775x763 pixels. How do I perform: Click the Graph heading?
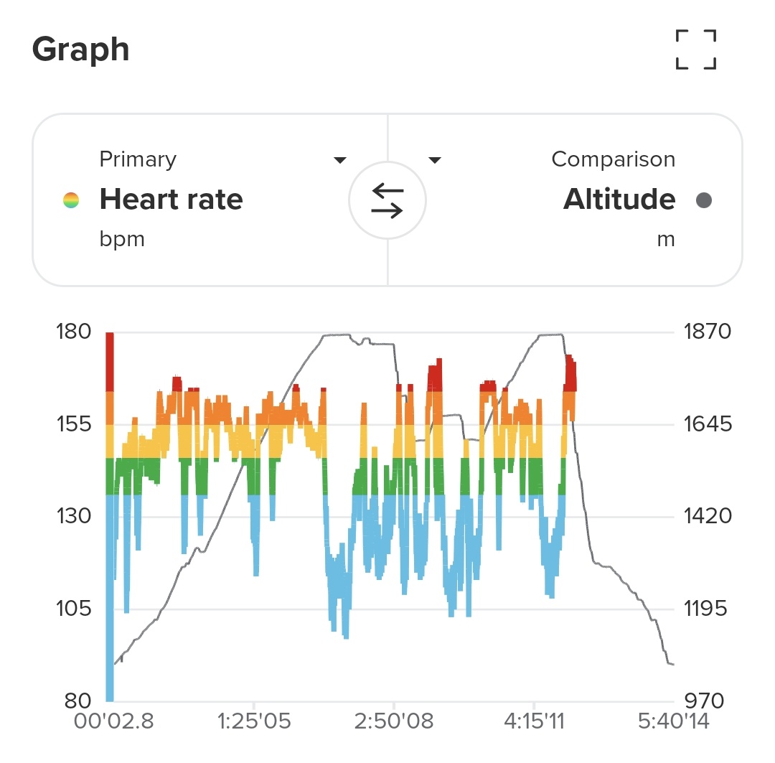coord(81,50)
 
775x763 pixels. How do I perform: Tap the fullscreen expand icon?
coord(696,50)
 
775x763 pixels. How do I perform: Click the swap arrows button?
coord(387,200)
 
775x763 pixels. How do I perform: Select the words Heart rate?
coord(171,200)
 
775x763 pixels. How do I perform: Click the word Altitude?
coord(619,200)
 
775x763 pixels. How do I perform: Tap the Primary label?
coord(138,159)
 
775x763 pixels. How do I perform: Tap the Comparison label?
coord(613,159)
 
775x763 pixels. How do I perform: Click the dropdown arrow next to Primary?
coord(340,159)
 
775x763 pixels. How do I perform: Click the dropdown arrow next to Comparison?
coord(434,159)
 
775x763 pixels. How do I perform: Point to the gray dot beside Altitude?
coord(704,200)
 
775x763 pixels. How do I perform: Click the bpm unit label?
coord(122,239)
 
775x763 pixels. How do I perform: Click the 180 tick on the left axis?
coord(74,332)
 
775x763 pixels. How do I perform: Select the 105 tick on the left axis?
coord(74,609)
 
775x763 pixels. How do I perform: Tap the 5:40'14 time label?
coord(673,721)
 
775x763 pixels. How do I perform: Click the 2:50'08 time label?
coord(395,721)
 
